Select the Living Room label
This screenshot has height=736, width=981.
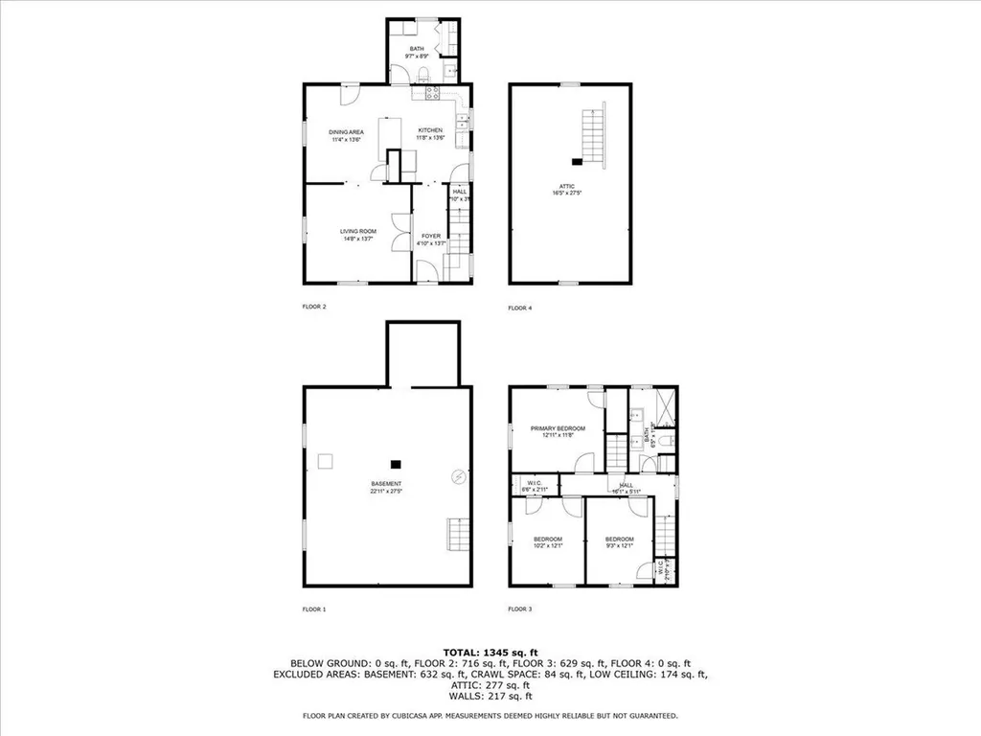point(358,231)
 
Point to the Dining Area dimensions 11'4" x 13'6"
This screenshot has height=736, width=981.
point(345,139)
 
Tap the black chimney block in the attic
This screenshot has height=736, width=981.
point(578,162)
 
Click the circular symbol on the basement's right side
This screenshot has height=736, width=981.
point(458,475)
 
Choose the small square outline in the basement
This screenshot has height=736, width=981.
point(327,461)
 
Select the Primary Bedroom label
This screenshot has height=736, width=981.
point(558,428)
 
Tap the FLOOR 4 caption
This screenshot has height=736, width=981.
point(519,309)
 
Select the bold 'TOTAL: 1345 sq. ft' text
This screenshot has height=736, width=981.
point(490,652)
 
